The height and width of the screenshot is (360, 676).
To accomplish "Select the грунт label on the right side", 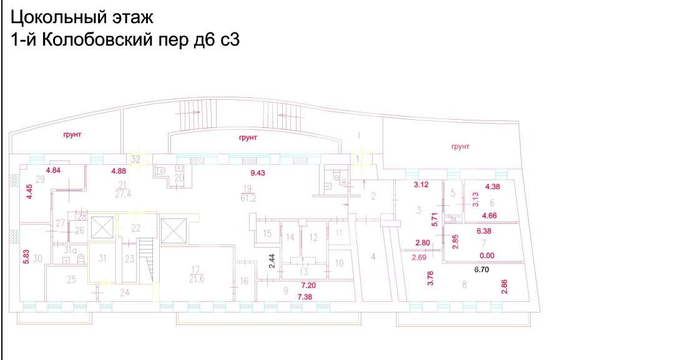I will [x=459, y=147].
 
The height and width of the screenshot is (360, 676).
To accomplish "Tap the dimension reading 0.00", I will [x=486, y=255].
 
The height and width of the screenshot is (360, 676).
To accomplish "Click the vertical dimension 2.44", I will [x=272, y=261].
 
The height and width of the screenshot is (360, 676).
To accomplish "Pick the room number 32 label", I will [x=135, y=158].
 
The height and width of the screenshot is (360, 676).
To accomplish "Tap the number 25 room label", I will [x=71, y=280].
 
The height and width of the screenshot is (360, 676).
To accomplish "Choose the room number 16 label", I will [x=244, y=281].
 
